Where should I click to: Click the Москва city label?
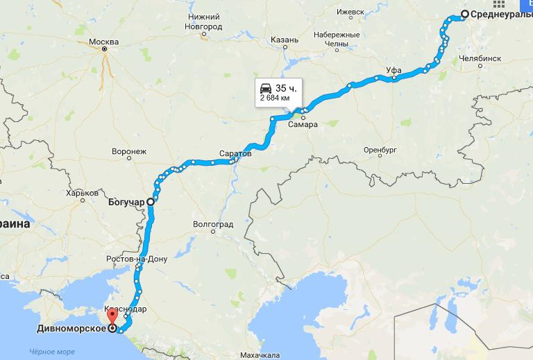point(104,42)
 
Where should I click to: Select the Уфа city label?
point(394,70)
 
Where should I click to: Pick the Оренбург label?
point(379,150)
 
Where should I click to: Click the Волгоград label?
point(214,225)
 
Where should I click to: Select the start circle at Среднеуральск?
point(464,15)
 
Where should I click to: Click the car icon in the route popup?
point(265,88)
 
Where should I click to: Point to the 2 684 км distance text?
point(274,98)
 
